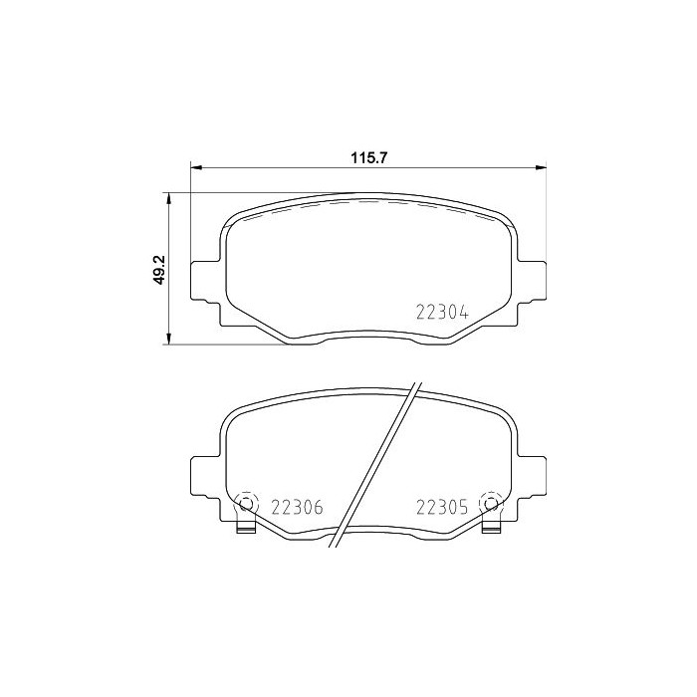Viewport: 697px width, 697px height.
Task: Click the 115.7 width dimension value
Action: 368,156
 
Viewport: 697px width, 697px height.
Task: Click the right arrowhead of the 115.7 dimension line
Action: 542,167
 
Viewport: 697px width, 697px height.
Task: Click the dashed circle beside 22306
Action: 244,504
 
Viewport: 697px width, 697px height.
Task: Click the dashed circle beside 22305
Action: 489,504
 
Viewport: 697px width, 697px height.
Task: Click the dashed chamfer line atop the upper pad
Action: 368,202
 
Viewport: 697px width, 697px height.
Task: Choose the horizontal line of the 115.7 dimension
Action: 299,167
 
